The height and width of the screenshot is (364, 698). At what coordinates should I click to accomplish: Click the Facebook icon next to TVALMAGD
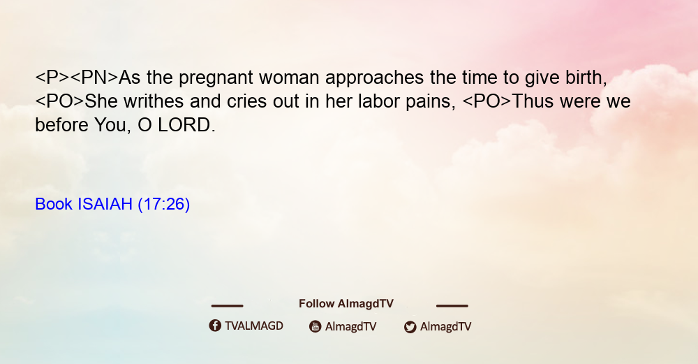[x=215, y=326]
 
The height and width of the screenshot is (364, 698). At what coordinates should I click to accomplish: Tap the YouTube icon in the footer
[x=315, y=326]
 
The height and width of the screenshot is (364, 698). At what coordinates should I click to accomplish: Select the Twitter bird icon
[x=410, y=327]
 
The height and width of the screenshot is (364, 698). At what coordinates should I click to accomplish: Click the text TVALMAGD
[x=254, y=326]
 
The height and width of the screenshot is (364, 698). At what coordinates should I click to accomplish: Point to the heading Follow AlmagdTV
[x=346, y=304]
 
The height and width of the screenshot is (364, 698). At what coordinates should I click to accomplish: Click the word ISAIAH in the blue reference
[x=105, y=204]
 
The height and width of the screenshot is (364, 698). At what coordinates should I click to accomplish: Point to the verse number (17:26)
[x=164, y=204]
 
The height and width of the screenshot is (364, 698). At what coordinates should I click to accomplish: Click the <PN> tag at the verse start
[x=94, y=78]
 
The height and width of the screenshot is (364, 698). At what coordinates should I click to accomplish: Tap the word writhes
[x=154, y=101]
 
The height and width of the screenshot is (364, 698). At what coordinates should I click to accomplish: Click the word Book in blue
[x=54, y=204]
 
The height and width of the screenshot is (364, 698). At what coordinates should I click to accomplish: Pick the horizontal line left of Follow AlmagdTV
[x=227, y=305]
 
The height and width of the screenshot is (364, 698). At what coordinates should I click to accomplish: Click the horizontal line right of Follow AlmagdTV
[x=452, y=305]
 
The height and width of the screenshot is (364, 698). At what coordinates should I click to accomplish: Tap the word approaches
[x=374, y=78]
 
